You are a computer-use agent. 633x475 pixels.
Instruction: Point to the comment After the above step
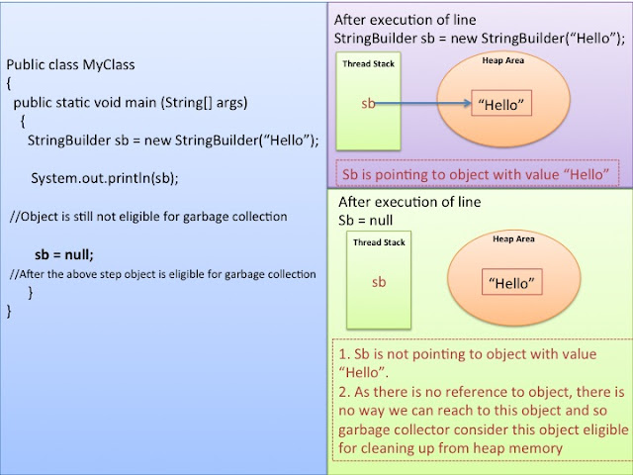point(162,273)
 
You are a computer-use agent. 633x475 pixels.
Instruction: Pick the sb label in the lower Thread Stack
point(379,282)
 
